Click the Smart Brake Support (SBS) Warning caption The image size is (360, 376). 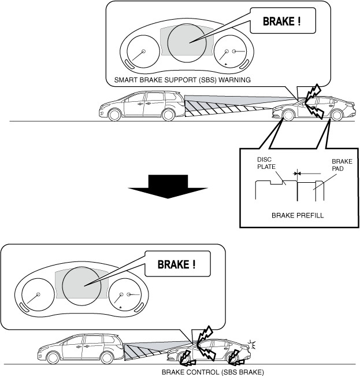tap(183, 80)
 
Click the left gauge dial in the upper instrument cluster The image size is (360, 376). tap(139, 53)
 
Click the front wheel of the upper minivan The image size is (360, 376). tap(168, 115)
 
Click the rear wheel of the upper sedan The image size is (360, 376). tap(336, 115)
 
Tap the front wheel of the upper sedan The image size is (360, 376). tap(286, 115)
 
